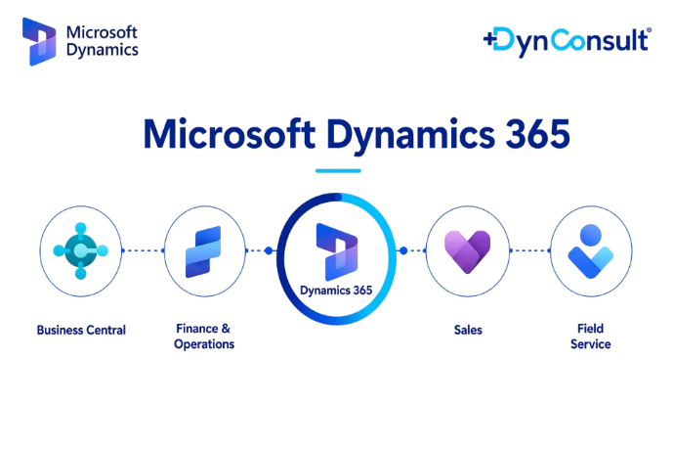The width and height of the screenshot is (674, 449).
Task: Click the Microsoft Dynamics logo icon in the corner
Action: (x=39, y=41)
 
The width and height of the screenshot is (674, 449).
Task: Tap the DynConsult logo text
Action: (x=568, y=42)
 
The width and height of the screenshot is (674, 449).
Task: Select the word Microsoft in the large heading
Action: (x=230, y=134)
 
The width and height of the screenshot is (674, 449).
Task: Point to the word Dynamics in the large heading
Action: (x=410, y=135)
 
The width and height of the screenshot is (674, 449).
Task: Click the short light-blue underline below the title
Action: (x=338, y=171)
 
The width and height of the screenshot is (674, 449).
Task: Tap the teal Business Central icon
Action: (x=80, y=251)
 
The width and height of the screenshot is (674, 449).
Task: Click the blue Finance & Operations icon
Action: (x=203, y=251)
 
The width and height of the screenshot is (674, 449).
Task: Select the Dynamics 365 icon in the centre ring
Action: (x=337, y=251)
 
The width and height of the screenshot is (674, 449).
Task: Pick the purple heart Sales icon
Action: (x=467, y=251)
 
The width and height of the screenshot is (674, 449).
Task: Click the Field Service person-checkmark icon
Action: (x=591, y=251)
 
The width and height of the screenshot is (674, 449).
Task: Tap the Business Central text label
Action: (x=81, y=331)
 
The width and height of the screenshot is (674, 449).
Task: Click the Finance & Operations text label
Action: (x=204, y=337)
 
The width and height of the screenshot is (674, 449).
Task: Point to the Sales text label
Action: (x=468, y=331)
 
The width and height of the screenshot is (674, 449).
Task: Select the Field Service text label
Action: (x=591, y=337)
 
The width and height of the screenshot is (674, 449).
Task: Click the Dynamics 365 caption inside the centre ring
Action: (x=336, y=291)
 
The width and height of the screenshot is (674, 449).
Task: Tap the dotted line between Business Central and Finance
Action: (x=143, y=250)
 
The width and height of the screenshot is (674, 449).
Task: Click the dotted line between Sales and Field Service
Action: (x=530, y=250)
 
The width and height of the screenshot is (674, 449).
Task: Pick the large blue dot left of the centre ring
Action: (x=269, y=250)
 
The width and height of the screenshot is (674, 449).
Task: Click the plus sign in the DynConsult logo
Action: (x=489, y=39)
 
